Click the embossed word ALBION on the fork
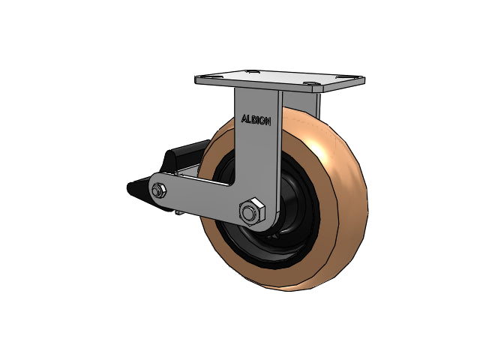[x=256, y=120]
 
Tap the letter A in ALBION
[x=244, y=118]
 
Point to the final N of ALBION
[x=268, y=121]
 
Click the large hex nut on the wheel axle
[x=252, y=211]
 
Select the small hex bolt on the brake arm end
[x=159, y=191]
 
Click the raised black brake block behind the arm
[x=184, y=156]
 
